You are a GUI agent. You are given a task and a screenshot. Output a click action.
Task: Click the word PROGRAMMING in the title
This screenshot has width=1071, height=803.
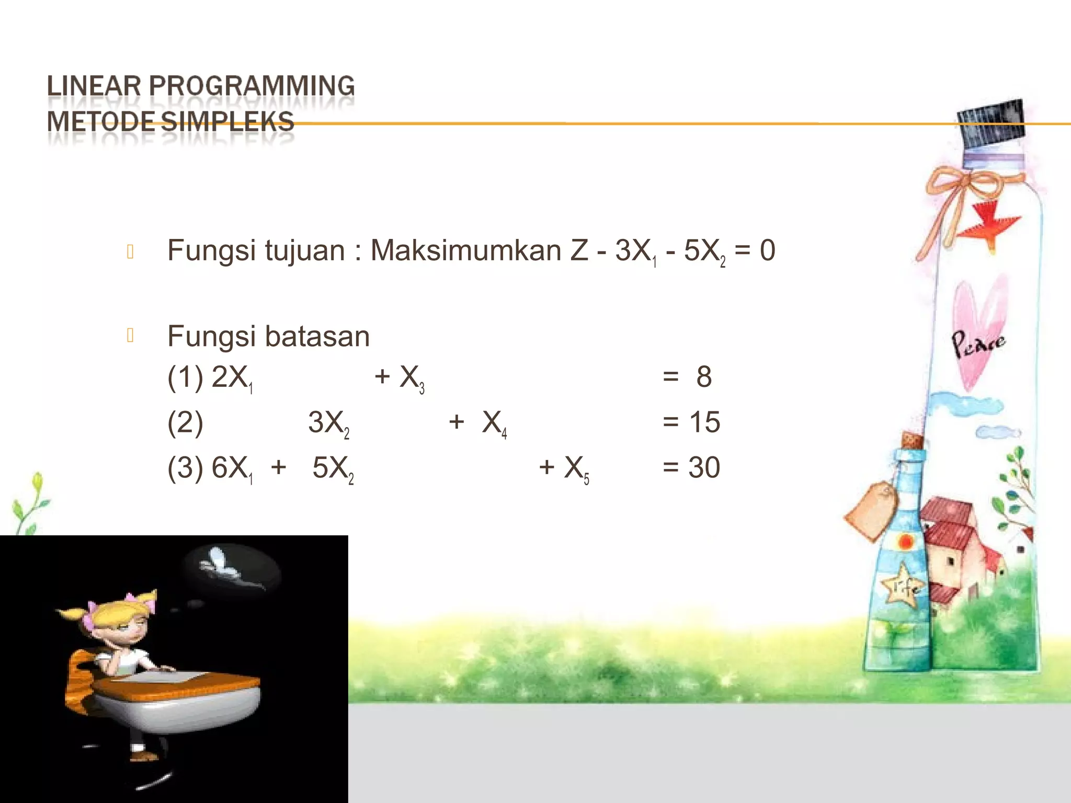(x=252, y=86)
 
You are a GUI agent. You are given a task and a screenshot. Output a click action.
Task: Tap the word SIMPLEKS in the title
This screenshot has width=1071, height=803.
(x=227, y=122)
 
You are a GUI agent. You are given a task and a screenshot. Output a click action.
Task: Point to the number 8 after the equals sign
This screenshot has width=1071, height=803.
(x=704, y=376)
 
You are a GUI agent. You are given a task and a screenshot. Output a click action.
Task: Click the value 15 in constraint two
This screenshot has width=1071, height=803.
(x=704, y=422)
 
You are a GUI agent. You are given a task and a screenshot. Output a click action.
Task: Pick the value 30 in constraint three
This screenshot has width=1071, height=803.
(x=704, y=467)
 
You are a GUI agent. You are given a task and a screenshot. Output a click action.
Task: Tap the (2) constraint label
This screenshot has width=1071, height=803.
(x=185, y=422)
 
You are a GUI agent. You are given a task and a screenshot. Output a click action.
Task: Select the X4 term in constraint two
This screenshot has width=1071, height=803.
(x=494, y=423)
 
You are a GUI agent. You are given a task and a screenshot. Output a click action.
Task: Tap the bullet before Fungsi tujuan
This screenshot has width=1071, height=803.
(x=131, y=251)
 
